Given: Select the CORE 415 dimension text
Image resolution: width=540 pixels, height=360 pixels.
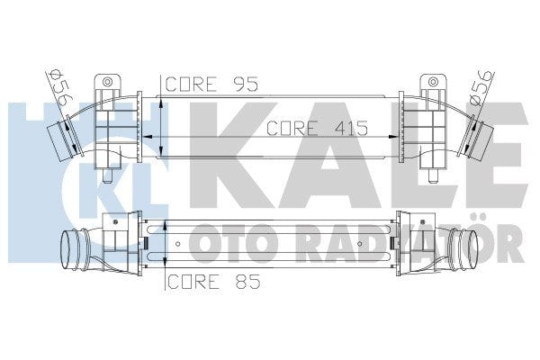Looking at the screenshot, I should (318, 129).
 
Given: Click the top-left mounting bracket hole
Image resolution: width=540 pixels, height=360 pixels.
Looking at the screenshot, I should (109, 83).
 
